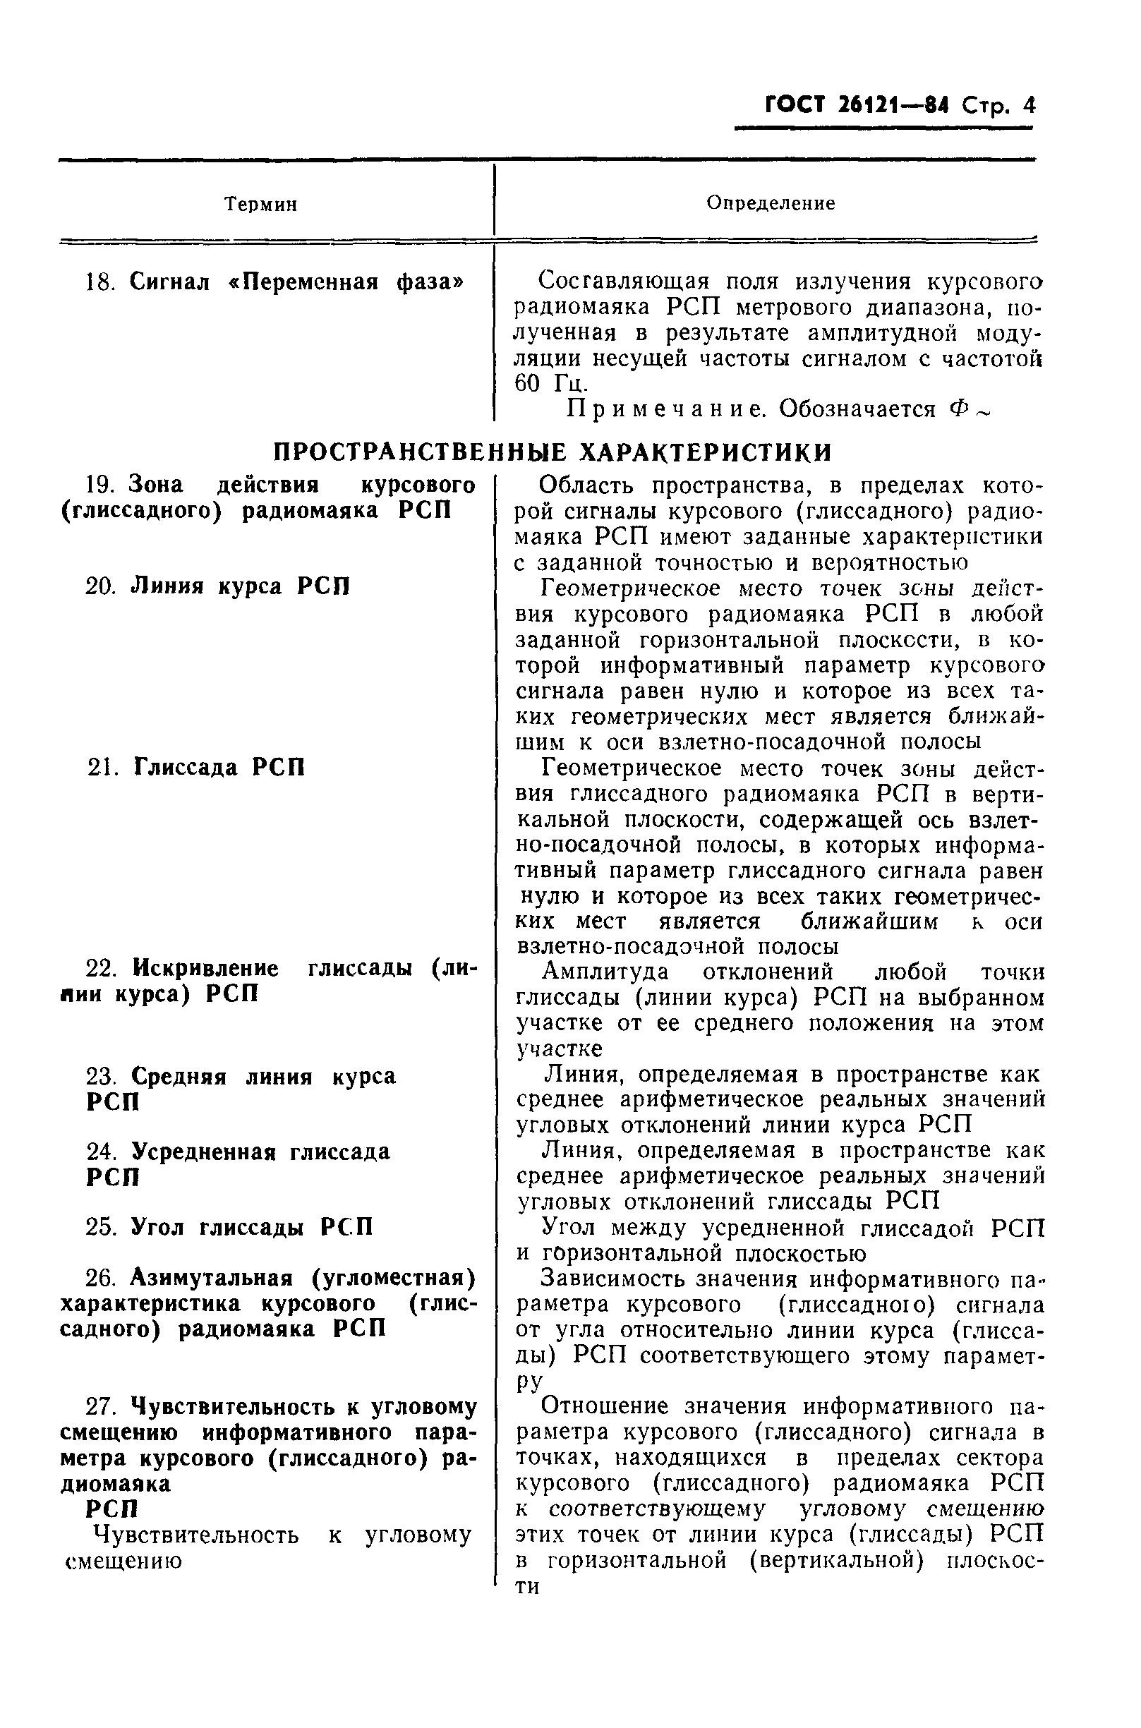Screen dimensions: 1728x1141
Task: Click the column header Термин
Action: (260, 205)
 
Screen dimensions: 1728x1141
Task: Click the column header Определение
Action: (771, 203)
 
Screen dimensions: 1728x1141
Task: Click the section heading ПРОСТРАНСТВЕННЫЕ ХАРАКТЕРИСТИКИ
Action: (552, 452)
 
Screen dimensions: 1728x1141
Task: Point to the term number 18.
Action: (100, 282)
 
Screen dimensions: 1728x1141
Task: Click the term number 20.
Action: (100, 586)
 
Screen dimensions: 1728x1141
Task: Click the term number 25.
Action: (100, 1228)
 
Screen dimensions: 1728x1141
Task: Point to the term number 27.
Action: (100, 1407)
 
